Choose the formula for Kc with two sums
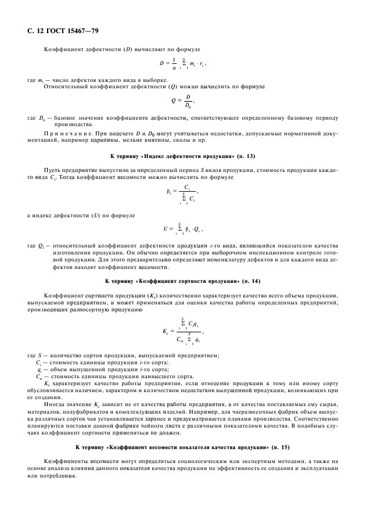(182, 332)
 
